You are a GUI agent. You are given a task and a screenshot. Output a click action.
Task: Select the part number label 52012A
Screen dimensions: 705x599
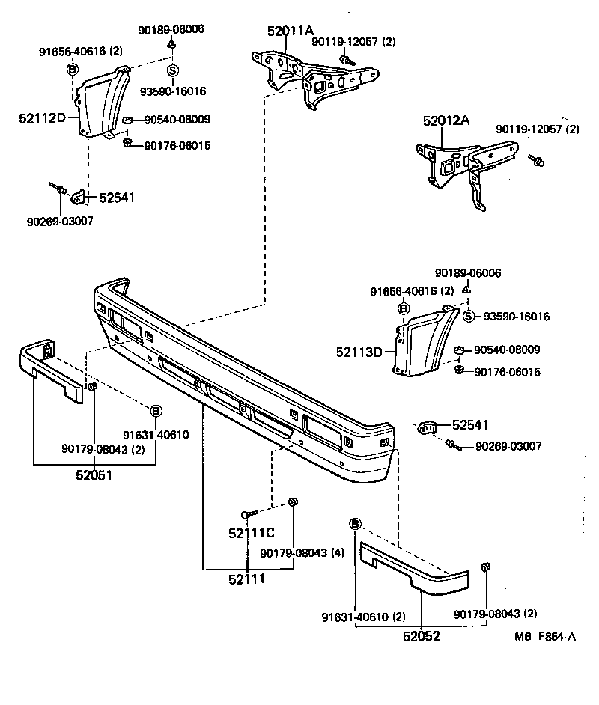(446, 120)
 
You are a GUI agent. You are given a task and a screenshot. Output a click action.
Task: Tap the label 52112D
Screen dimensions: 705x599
(43, 117)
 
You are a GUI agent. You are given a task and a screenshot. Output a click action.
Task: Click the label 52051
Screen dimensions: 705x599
(94, 474)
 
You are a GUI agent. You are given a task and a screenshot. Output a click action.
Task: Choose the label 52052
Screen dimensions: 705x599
(421, 636)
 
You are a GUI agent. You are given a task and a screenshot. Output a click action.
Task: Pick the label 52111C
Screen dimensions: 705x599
(252, 534)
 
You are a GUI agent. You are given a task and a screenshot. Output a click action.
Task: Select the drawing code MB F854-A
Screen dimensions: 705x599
(544, 636)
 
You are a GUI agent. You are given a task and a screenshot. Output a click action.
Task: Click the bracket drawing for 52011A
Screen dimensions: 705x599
(307, 75)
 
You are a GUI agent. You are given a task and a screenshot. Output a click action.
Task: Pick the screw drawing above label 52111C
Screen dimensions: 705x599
(248, 514)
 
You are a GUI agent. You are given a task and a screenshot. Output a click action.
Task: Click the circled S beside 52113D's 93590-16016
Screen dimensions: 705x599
(468, 316)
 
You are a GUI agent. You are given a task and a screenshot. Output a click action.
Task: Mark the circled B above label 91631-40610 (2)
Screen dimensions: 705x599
(355, 523)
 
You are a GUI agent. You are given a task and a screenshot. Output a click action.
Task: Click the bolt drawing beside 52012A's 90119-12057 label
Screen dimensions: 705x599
(537, 159)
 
